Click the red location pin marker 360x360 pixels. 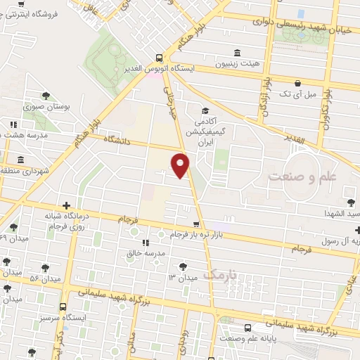point(181,165)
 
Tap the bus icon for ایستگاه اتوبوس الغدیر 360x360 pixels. point(160,58)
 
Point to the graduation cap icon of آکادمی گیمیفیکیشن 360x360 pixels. point(205,110)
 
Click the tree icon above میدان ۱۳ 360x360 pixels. point(184,266)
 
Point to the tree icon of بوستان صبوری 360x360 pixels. point(46,96)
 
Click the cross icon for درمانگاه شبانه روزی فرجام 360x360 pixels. point(66,205)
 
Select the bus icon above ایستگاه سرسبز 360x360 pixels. point(63,307)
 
